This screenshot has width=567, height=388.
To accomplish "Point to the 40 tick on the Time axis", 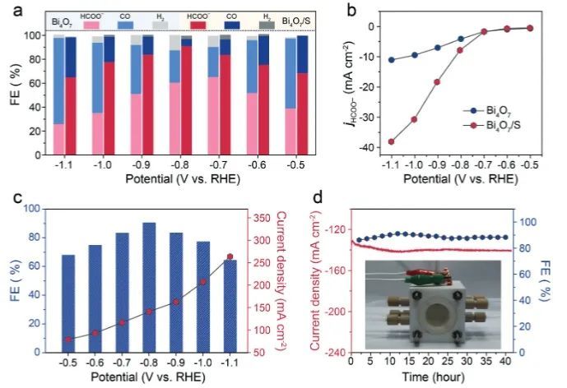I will point(504,361).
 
